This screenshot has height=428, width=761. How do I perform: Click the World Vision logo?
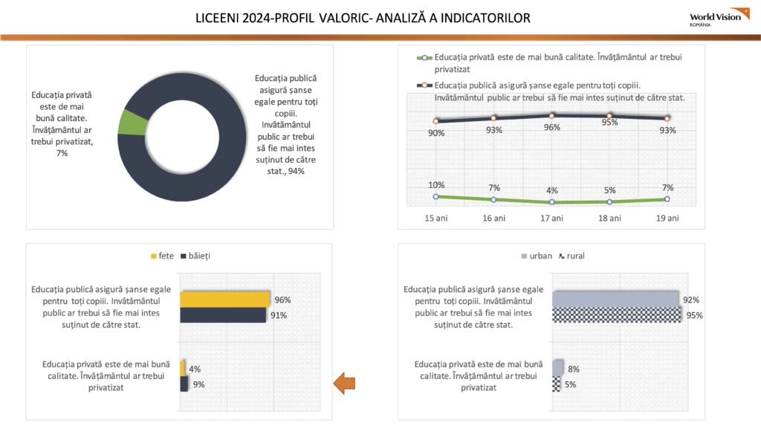[719, 18]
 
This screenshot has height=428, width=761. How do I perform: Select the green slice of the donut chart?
[132, 123]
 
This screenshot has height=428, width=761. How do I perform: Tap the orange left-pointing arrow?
[344, 383]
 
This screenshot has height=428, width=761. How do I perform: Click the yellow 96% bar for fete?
[224, 299]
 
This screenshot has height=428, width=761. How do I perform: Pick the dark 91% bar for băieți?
[223, 315]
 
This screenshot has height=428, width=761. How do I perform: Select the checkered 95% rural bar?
[616, 315]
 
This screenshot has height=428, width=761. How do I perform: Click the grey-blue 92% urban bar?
[615, 299]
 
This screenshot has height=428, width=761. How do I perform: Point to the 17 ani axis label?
[552, 218]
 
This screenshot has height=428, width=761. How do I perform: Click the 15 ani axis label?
[435, 218]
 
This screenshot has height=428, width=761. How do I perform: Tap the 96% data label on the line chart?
[552, 127]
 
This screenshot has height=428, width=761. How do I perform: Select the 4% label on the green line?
[552, 191]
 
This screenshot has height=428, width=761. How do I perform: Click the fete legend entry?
[162, 256]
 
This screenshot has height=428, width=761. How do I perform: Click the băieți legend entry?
[195, 256]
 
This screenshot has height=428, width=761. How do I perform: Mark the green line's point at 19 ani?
[667, 199]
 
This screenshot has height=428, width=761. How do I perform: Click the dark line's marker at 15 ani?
[435, 121]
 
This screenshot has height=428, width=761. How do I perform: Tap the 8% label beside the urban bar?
[574, 369]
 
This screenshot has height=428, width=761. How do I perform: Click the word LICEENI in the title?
[216, 19]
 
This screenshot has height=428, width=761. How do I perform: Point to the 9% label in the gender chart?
[198, 384]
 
